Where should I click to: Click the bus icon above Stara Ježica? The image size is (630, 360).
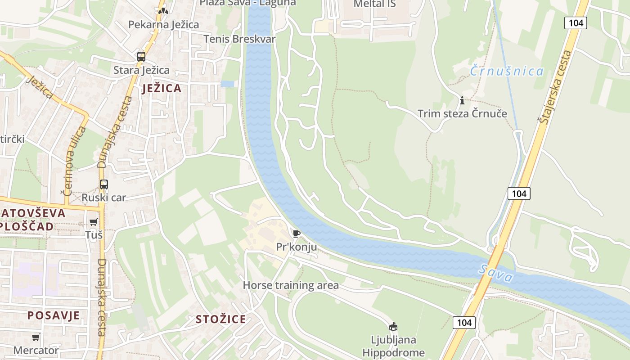[141, 57]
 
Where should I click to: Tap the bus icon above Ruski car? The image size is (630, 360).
[104, 184]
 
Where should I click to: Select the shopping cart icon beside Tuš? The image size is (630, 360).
[93, 222]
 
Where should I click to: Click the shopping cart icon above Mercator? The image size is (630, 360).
[36, 337]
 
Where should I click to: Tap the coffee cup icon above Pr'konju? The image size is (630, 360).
[296, 234]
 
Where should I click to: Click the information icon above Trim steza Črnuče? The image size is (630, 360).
[462, 100]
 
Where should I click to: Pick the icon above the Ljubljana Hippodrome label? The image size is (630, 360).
[393, 326]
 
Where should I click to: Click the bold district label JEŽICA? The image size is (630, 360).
[162, 88]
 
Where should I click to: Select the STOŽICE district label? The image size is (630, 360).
[221, 319]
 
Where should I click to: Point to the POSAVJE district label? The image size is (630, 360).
[54, 315]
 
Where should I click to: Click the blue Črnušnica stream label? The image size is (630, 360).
[507, 71]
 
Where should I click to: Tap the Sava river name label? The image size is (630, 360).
[496, 273]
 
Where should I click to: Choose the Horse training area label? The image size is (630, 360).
[291, 285]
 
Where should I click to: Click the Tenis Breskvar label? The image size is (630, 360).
[239, 39]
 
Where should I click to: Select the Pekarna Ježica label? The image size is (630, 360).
[163, 25]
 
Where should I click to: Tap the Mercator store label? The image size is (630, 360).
[36, 350]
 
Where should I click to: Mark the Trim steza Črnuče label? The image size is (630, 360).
[462, 113]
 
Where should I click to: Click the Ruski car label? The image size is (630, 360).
[103, 198]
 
